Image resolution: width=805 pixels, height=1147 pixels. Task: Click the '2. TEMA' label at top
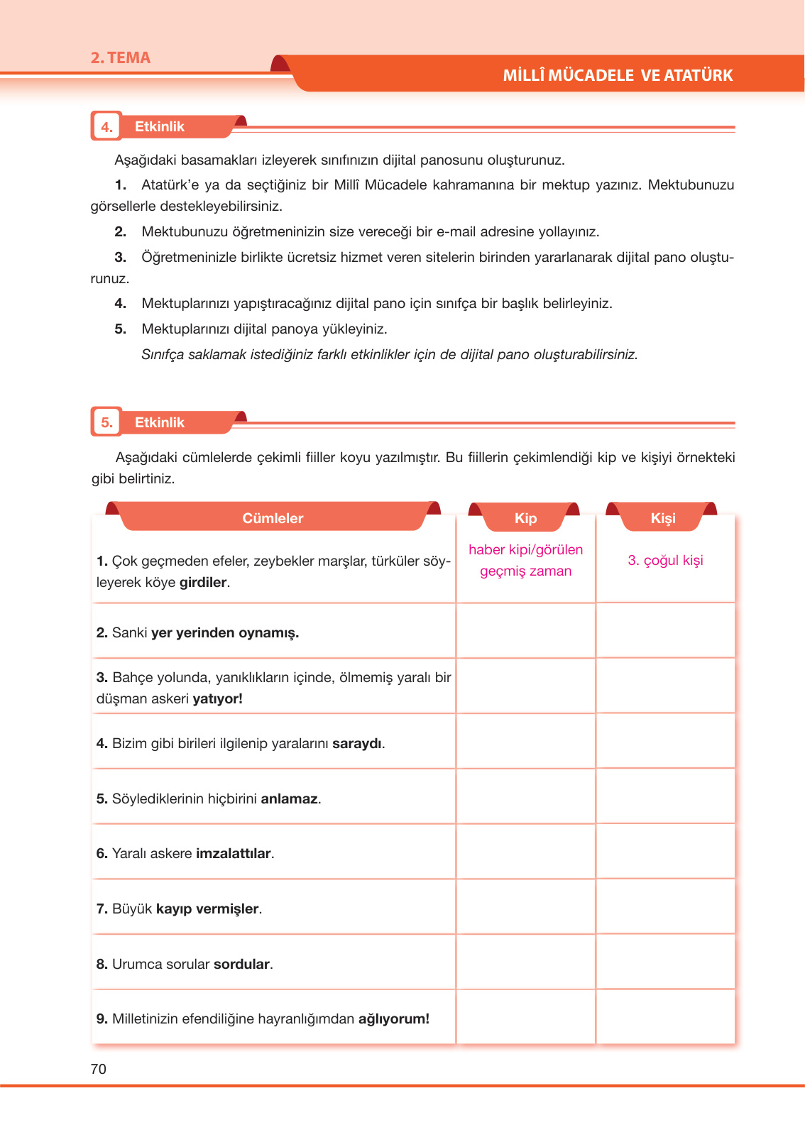point(120,58)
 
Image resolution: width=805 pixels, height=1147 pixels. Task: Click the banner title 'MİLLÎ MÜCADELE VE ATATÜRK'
point(617,75)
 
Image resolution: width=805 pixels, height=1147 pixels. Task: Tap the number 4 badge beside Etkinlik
point(106,127)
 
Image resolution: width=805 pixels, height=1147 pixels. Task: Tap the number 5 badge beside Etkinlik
point(106,423)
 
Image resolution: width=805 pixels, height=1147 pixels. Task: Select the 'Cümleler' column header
point(273,518)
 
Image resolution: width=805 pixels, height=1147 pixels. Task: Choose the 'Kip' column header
point(525,518)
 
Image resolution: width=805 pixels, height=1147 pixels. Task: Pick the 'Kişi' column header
point(663,518)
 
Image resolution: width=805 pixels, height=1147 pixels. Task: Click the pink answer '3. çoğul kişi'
point(665,561)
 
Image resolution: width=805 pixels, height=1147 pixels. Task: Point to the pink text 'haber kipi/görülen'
point(525,550)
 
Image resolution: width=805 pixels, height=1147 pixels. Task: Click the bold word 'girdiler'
point(203,583)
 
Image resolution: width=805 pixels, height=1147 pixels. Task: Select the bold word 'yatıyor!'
point(217,699)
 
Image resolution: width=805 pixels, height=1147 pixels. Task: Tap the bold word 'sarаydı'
point(357,744)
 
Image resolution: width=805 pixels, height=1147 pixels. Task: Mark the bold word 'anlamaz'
point(289,799)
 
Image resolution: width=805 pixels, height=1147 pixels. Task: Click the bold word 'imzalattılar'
point(234,854)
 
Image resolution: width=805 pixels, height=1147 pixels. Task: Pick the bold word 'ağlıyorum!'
point(393,1019)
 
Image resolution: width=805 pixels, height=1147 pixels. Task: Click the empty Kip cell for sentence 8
point(525,962)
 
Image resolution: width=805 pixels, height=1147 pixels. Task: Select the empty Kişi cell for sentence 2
point(665,632)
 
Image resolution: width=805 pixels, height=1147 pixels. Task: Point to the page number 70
point(99,1070)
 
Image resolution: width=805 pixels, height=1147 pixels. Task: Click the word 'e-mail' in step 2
point(456,232)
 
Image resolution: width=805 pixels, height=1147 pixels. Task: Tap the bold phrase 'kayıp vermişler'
point(207,909)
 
